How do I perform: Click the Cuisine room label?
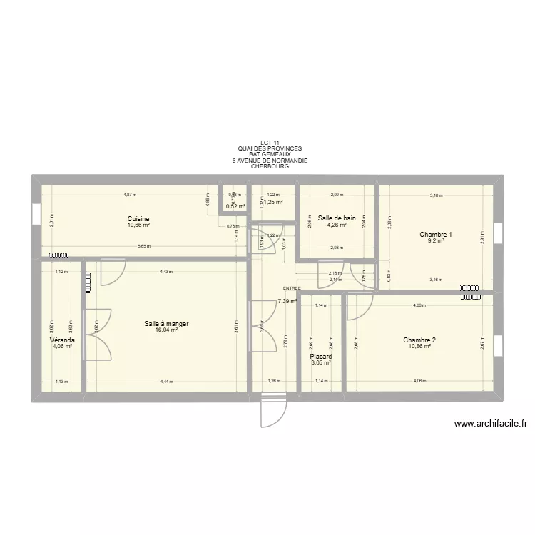138,219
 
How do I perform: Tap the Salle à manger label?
166,324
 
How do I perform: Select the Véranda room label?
63,341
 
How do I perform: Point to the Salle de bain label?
337,218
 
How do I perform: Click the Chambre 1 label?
436,235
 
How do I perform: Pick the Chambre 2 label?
419,340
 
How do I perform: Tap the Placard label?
321,356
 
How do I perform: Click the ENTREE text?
292,288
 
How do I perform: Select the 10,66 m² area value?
138,225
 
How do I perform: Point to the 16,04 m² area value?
166,330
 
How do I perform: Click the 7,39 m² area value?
287,302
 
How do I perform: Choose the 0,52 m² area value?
235,207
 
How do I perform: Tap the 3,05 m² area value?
321,362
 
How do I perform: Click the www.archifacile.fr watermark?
490,424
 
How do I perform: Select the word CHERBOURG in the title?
270,167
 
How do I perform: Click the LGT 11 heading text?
270,142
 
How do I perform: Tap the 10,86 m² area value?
419,347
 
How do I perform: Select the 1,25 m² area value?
273,203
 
